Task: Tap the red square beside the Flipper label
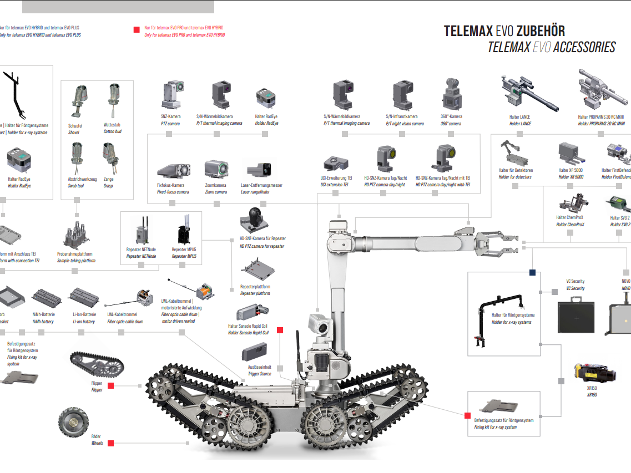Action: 110,385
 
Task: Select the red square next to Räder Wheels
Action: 110,443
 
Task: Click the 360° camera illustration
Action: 451,94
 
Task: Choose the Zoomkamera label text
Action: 215,185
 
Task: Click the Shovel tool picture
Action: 78,101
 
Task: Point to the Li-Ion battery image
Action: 84,299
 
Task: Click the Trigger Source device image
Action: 255,350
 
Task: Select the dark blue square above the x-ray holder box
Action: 532,272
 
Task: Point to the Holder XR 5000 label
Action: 571,170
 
